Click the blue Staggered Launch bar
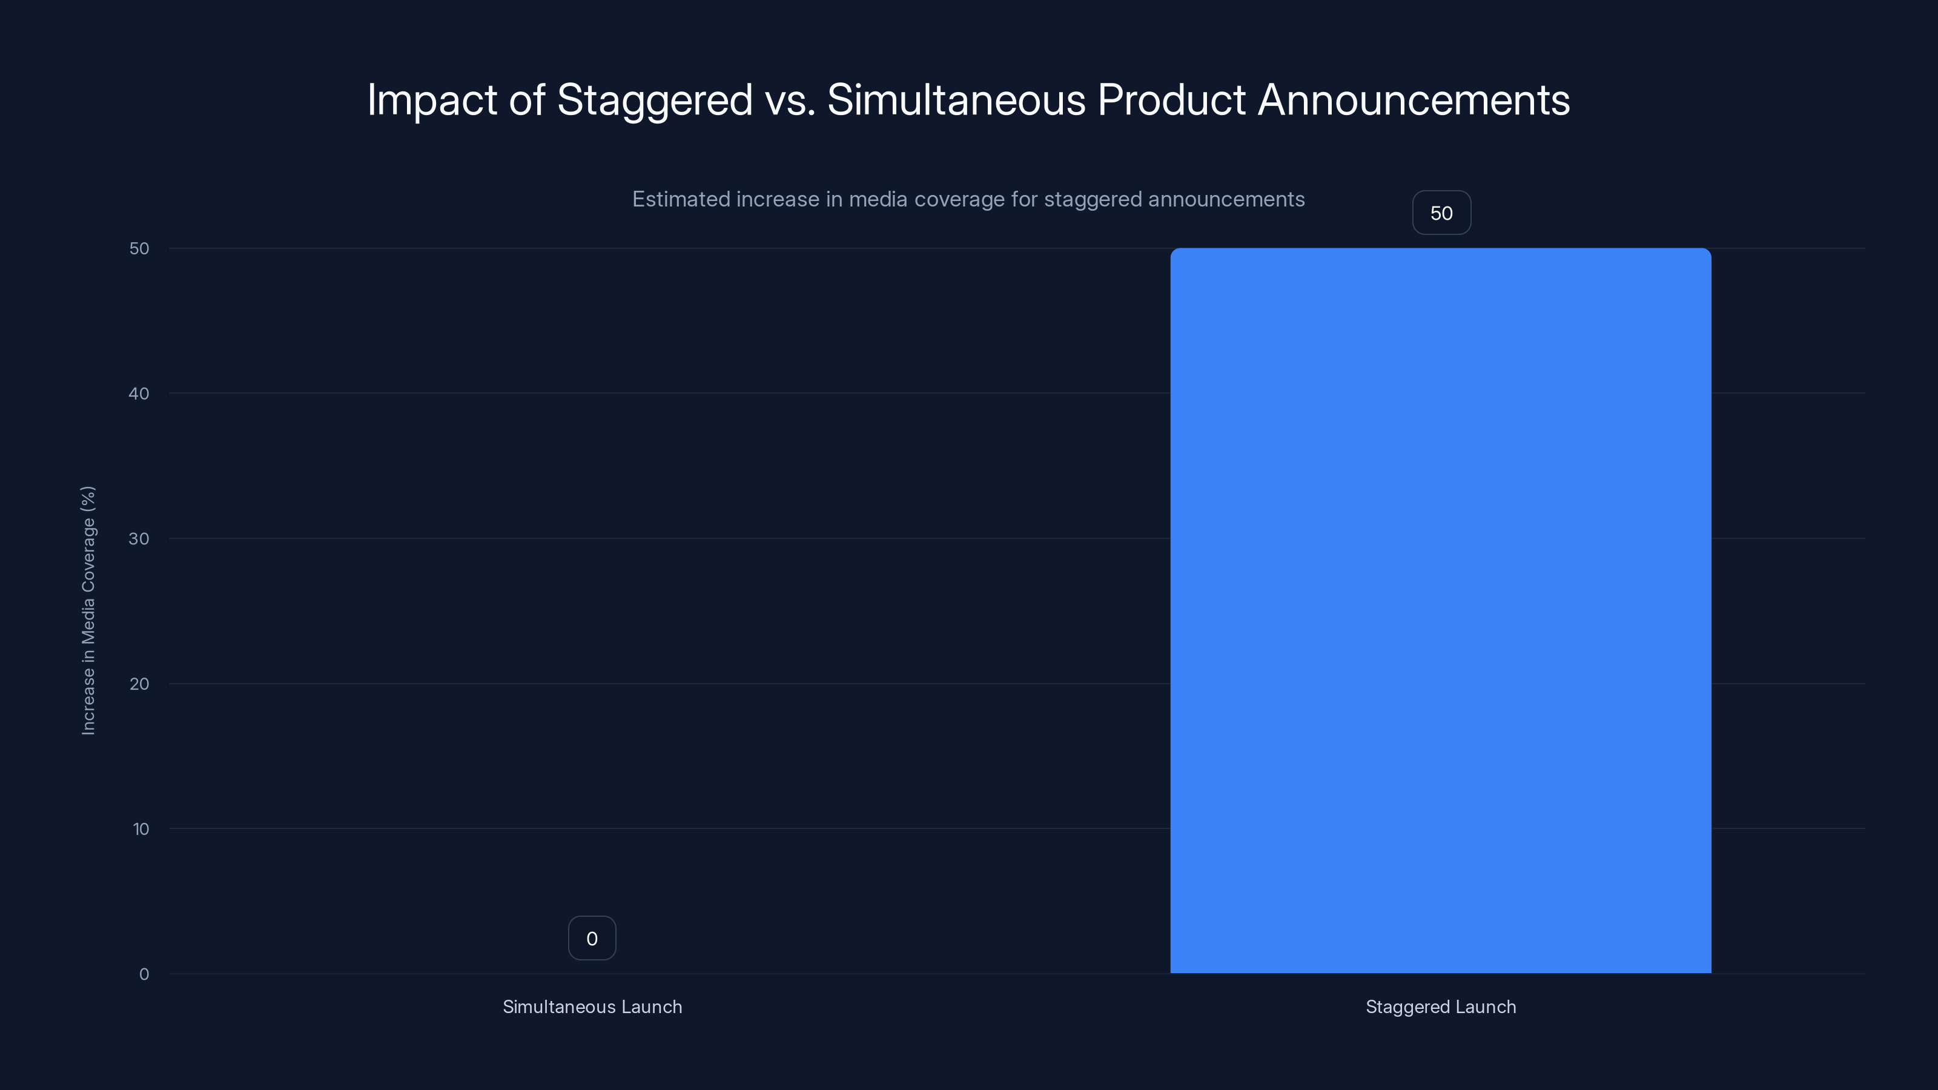(1440, 610)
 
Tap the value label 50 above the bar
(1441, 213)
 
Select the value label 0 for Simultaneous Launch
(591, 938)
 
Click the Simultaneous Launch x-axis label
(592, 1006)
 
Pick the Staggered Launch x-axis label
(1440, 1006)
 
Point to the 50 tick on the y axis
(139, 248)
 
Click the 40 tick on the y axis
(139, 394)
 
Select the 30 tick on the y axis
(139, 538)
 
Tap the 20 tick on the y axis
(139, 684)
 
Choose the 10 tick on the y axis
(141, 829)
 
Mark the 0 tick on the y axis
(144, 974)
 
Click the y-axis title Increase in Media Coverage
(88, 610)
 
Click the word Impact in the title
(432, 99)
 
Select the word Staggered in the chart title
(655, 101)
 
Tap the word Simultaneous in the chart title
(956, 99)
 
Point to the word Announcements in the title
(1414, 99)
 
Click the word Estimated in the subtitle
(681, 199)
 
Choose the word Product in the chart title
(1171, 99)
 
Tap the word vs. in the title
(790, 101)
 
